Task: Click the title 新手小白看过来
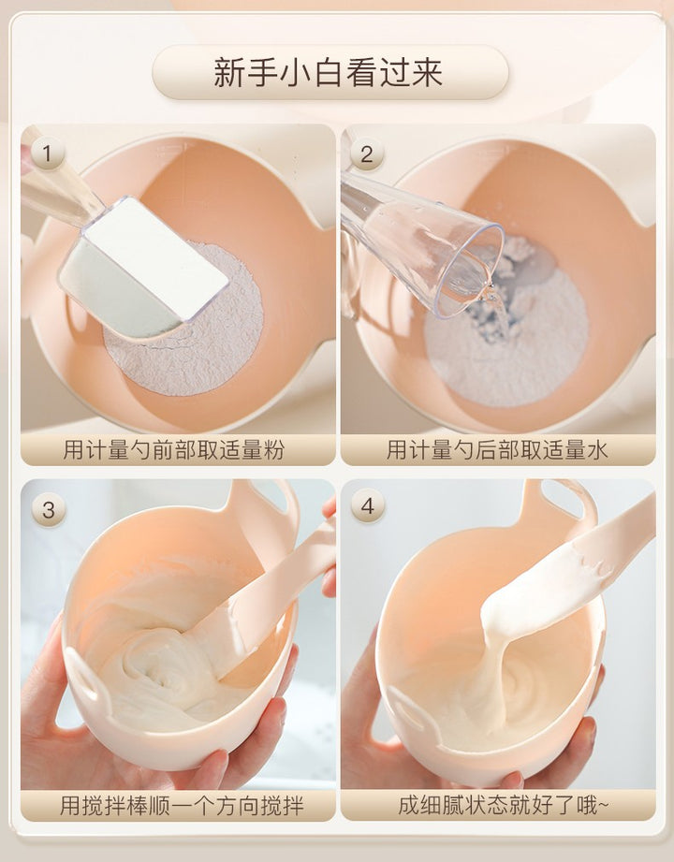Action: [x=329, y=72]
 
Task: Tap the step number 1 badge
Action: [x=48, y=153]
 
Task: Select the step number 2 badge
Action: [x=366, y=153]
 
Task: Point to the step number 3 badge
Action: [x=49, y=509]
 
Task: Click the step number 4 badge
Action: [x=368, y=505]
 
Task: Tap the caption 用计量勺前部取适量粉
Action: [x=174, y=449]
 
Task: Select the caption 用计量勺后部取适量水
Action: [x=497, y=449]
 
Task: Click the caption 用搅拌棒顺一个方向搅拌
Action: [x=182, y=806]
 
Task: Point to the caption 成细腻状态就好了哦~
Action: [x=503, y=806]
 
